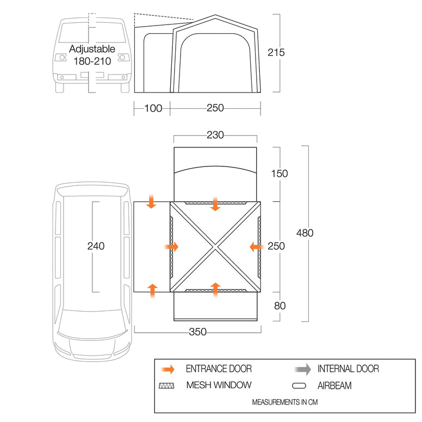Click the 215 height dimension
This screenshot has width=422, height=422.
276,53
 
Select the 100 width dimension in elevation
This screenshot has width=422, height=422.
153,108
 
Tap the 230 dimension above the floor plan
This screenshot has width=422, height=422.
215,135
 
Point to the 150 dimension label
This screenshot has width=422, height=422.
279,174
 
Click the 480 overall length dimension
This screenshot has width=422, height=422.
305,233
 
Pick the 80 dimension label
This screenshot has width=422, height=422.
280,306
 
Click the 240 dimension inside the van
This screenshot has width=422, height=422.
95,246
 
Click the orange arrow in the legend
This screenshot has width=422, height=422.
168,369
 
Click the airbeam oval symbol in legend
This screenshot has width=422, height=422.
300,386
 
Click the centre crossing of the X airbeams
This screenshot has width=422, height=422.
215,246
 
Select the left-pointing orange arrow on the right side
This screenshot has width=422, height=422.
257,247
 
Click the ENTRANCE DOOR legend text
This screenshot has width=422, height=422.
219,369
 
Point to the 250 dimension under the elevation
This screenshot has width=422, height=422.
215,108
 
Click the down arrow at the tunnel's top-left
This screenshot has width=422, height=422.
151,202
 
